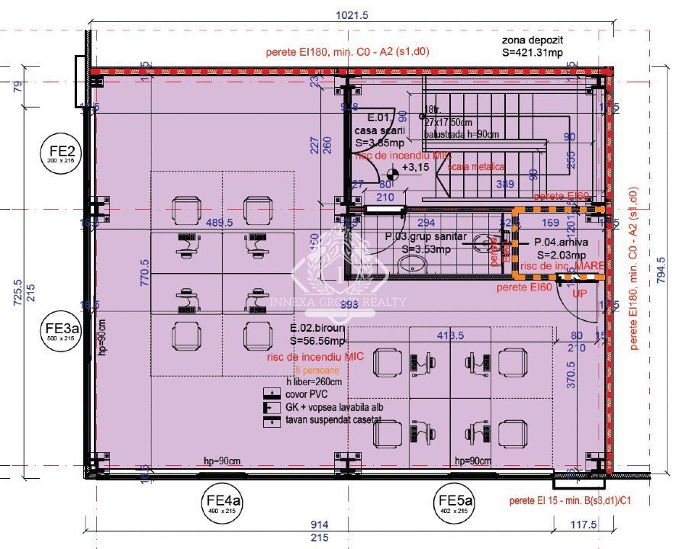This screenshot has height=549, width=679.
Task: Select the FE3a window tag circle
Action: pyautogui.click(x=59, y=334)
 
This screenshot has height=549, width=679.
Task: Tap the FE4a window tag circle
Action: pyautogui.click(x=222, y=504)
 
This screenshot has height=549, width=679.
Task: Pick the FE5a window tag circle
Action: pyautogui.click(x=455, y=504)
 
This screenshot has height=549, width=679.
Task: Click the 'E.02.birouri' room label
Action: pyautogui.click(x=316, y=329)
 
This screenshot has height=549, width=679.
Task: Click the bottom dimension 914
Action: pyautogui.click(x=320, y=525)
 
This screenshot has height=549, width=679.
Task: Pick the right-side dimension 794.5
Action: pyautogui.click(x=661, y=269)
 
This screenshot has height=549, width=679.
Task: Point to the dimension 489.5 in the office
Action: pyautogui.click(x=219, y=223)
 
